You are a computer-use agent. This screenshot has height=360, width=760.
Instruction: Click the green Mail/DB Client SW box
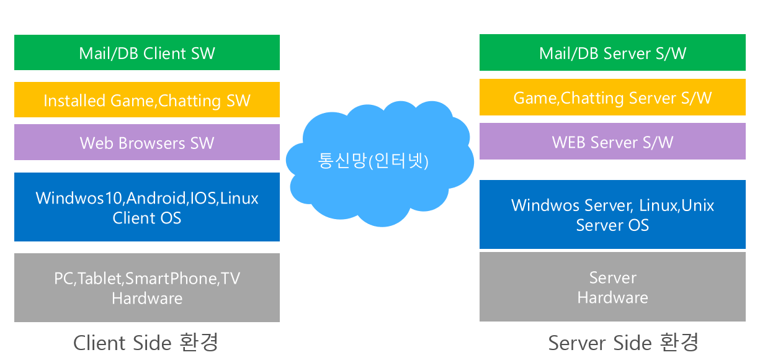coord(147,53)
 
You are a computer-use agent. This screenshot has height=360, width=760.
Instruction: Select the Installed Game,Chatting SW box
coord(147,100)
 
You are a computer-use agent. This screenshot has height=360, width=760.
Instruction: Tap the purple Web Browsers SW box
coord(147,142)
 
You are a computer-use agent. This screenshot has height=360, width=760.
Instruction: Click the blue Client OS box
coord(147,207)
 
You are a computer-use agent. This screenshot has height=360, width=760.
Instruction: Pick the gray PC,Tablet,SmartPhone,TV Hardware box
coord(147,288)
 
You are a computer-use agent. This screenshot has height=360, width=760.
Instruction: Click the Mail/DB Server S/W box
coord(612,53)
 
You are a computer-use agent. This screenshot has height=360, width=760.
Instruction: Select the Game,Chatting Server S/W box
coord(612,97)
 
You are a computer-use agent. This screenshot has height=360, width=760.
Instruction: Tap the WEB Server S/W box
coord(612,142)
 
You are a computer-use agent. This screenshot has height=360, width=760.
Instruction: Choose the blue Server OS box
coord(612,214)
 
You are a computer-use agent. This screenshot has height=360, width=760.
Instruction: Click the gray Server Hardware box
coord(612,287)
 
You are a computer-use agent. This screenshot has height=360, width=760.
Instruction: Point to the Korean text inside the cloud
coord(373,161)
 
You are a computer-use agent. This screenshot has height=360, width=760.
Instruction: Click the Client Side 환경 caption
coord(146,343)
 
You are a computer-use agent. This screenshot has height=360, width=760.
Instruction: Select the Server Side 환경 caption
coord(624,343)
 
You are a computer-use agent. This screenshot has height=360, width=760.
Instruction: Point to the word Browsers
coord(151,143)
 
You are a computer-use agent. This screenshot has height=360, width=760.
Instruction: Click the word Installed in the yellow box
coord(74,101)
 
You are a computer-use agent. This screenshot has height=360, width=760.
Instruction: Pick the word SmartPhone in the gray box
coord(171,279)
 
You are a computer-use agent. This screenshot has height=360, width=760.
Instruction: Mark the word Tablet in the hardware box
coord(99,279)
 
